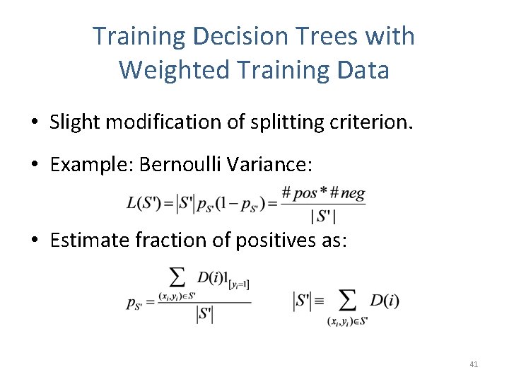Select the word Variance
click(272, 165)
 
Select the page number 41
click(474, 364)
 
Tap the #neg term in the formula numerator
click(349, 192)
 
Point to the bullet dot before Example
click(34, 166)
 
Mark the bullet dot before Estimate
click(34, 241)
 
